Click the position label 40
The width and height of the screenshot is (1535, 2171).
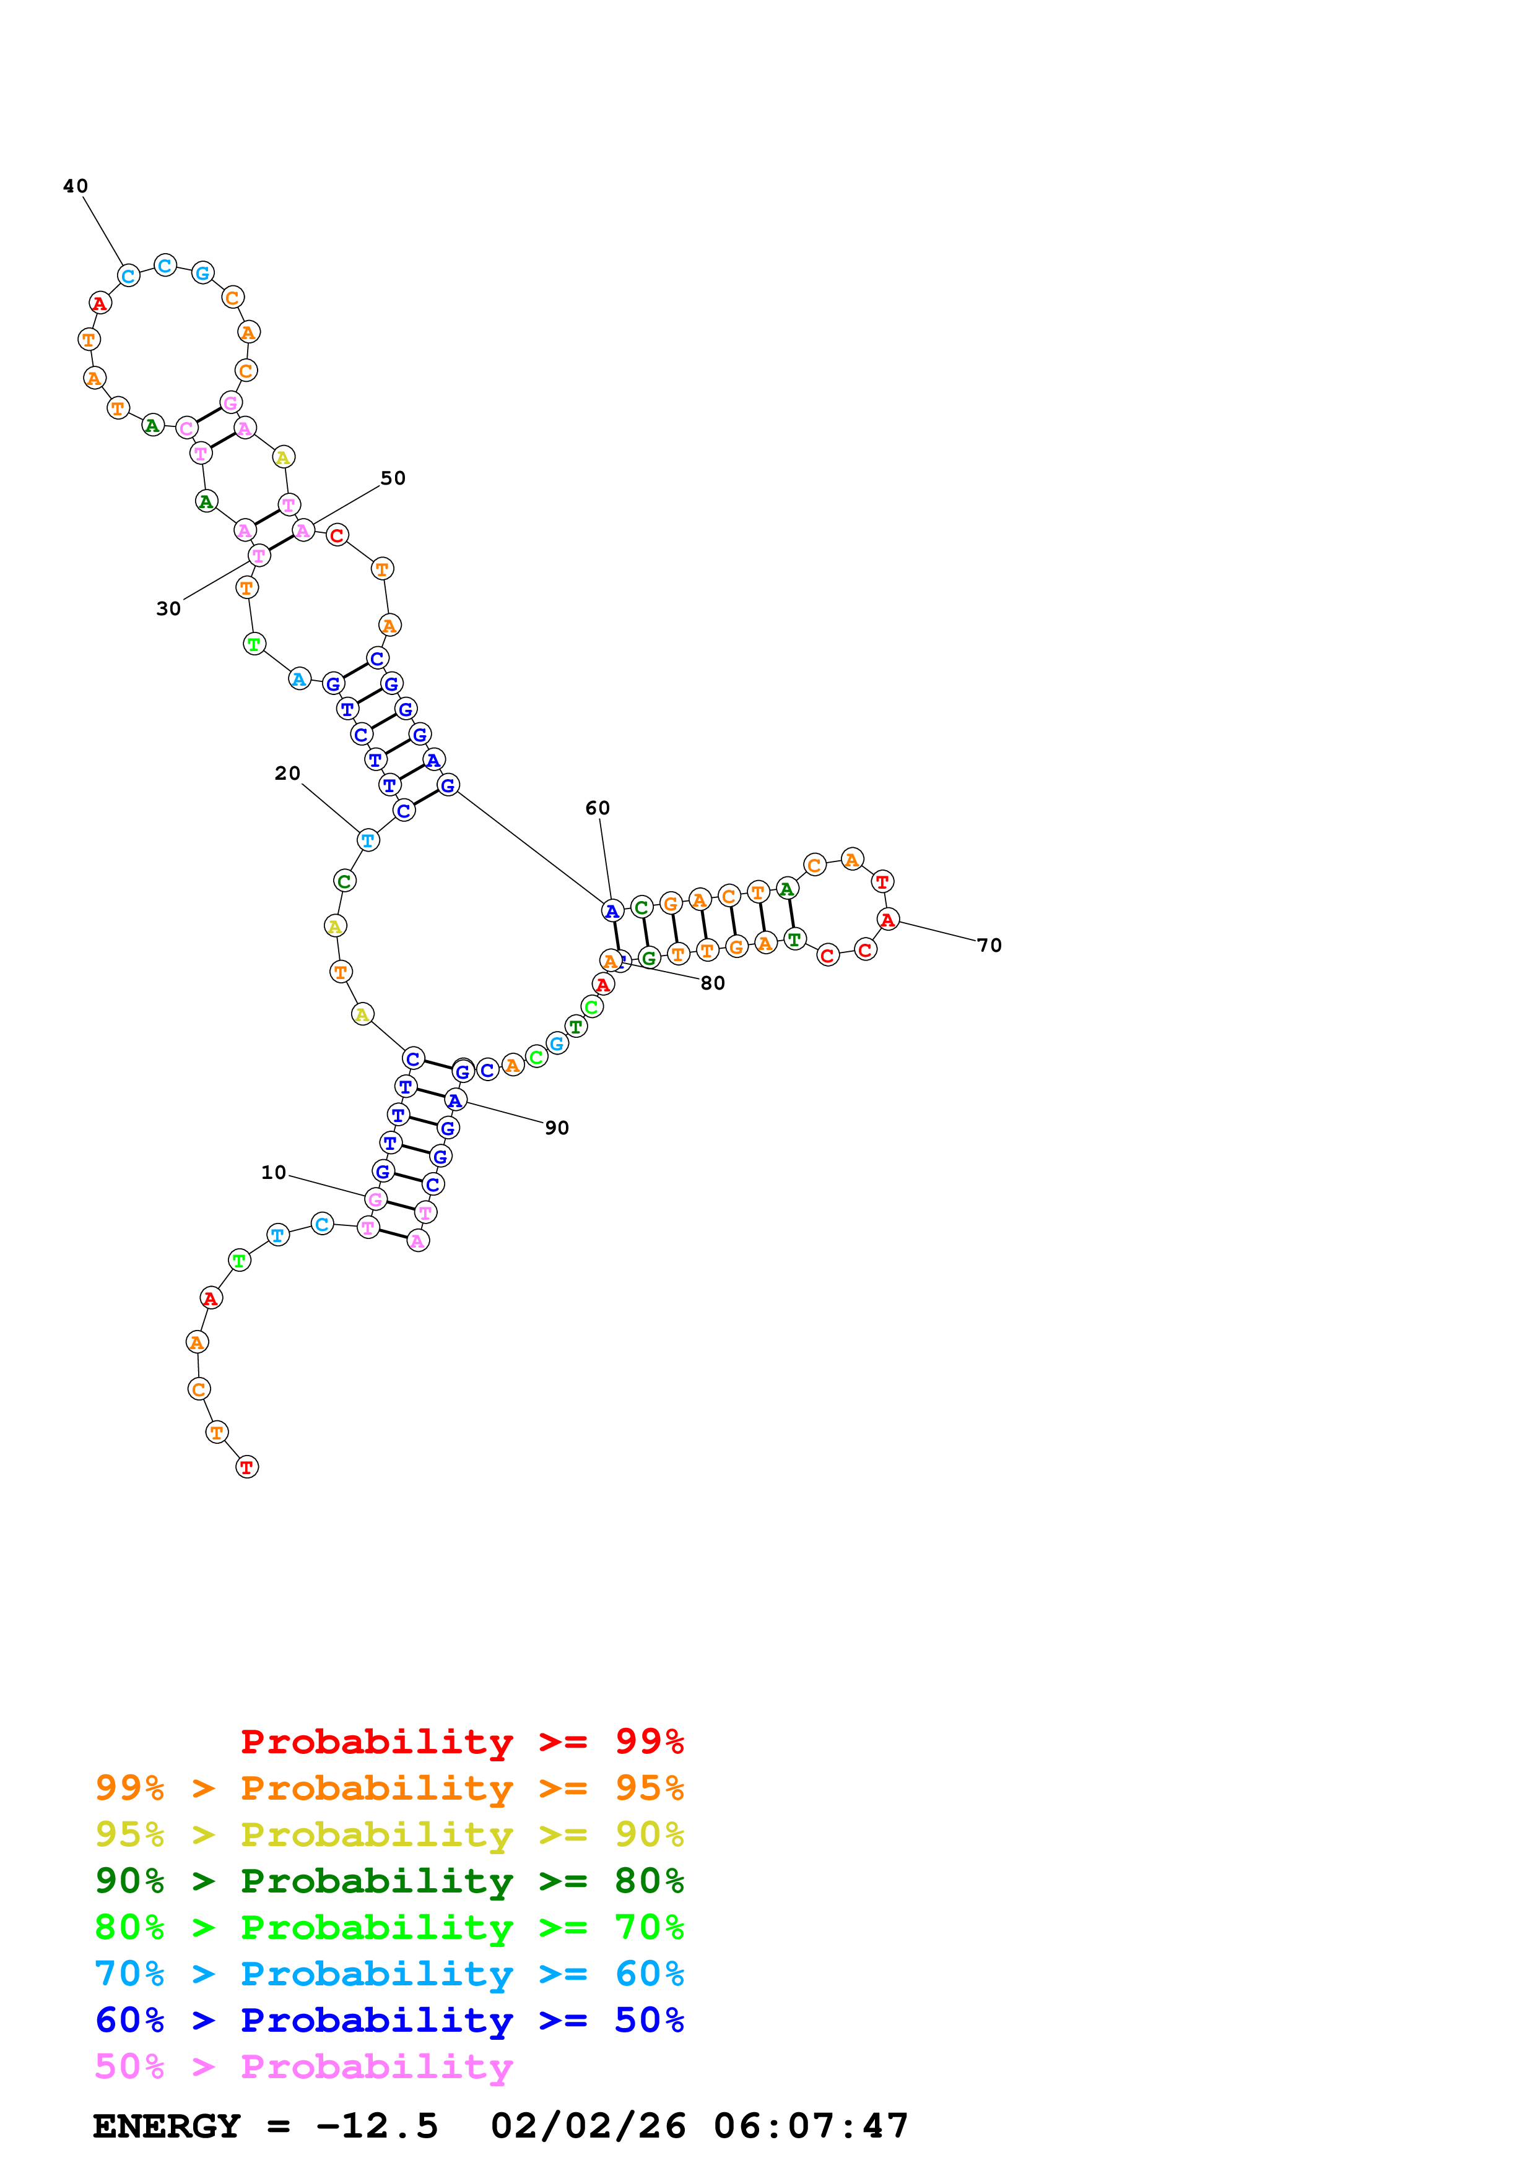[76, 186]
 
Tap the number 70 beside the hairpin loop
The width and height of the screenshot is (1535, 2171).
[989, 946]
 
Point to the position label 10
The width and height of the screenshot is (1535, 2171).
[273, 1173]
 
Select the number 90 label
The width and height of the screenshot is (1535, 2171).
[557, 1128]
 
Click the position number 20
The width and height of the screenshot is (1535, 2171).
[287, 774]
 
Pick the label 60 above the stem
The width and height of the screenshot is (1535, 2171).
[598, 808]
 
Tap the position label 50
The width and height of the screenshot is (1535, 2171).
[393, 478]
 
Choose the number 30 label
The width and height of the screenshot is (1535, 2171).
[168, 609]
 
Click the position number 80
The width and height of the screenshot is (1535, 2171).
[713, 983]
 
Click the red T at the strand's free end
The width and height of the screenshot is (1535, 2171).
[247, 1467]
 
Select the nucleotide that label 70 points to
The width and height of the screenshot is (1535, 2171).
[887, 919]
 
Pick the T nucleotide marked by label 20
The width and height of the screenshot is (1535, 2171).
[368, 840]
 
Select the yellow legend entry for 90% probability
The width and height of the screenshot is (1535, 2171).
[389, 1834]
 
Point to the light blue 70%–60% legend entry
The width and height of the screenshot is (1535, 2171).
[389, 1974]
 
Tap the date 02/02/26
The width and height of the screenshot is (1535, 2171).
[588, 2126]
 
